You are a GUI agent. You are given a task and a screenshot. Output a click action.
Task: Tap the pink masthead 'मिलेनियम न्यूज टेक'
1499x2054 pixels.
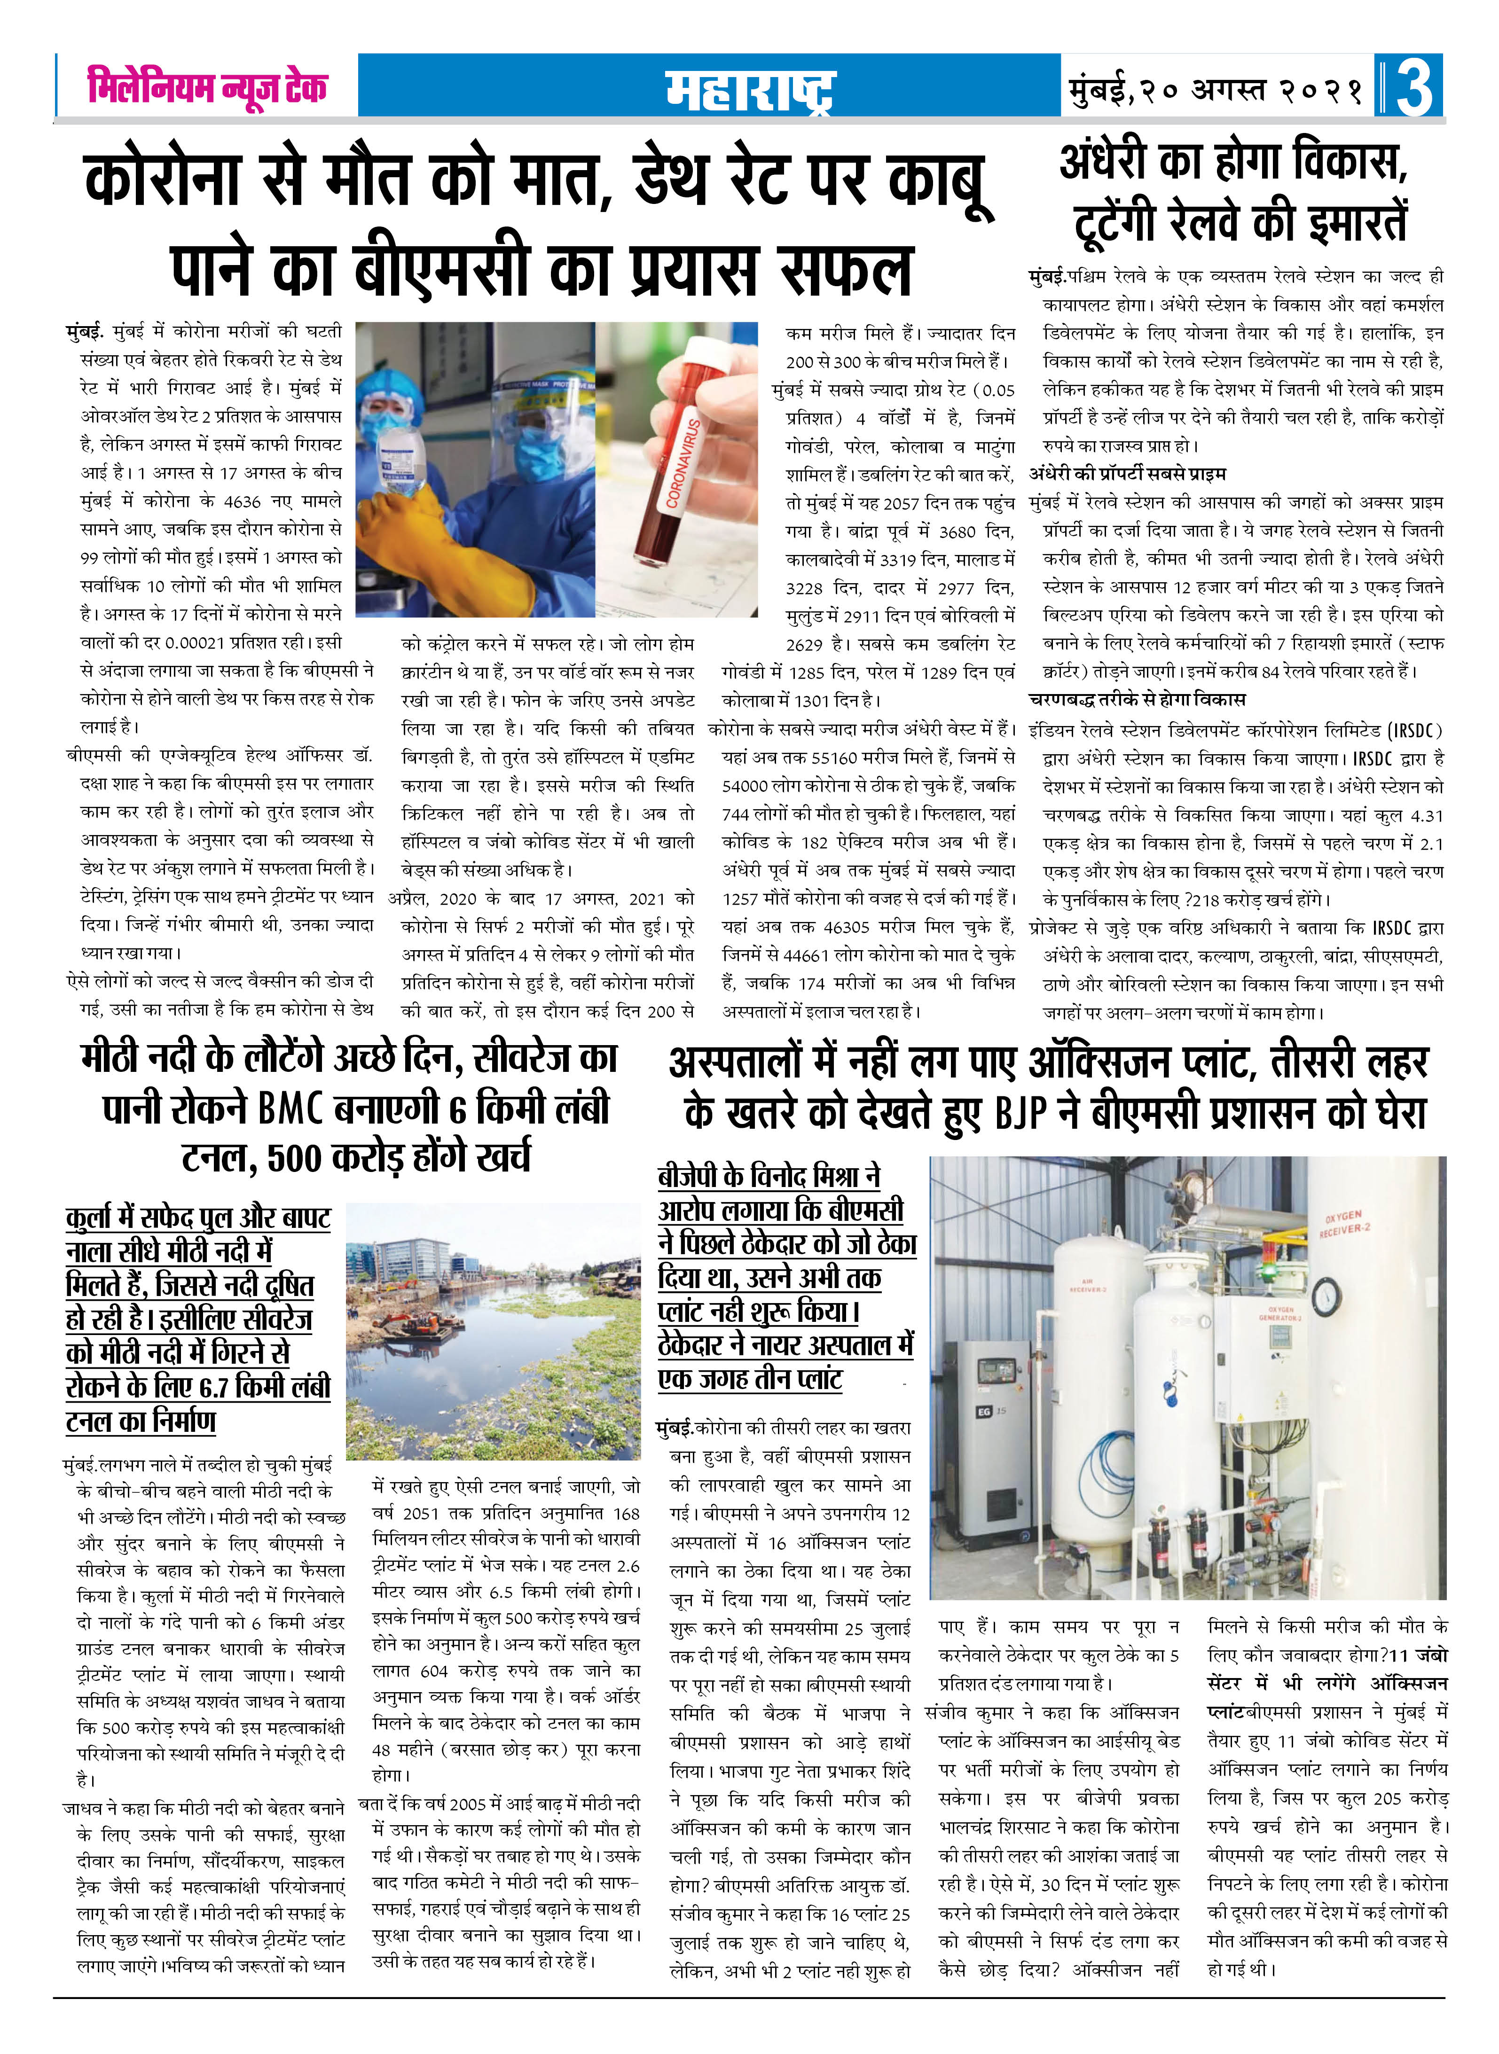207,87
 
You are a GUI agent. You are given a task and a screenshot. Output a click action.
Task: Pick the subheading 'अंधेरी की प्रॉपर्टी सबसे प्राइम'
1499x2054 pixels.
1127,474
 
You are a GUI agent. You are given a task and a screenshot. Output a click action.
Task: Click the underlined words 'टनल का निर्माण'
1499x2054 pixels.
141,1420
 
